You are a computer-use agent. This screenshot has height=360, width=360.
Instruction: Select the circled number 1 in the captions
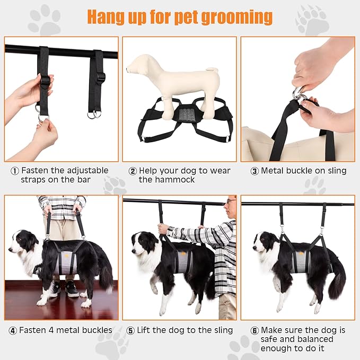click(x=14, y=171)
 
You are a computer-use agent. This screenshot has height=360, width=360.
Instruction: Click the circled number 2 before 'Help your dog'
click(x=132, y=171)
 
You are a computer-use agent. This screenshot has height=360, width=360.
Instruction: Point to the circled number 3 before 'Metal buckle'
click(x=254, y=171)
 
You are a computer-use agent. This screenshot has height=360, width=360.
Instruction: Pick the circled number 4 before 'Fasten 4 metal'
click(x=13, y=330)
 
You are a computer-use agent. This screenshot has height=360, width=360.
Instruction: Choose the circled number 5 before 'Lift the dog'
click(x=130, y=330)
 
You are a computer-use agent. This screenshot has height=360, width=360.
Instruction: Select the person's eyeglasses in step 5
click(x=229, y=201)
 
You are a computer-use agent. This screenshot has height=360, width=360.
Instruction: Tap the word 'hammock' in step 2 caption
click(x=162, y=180)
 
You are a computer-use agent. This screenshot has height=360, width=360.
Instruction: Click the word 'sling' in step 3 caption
click(x=334, y=171)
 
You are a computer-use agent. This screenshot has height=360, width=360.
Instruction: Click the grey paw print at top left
click(x=44, y=20)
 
